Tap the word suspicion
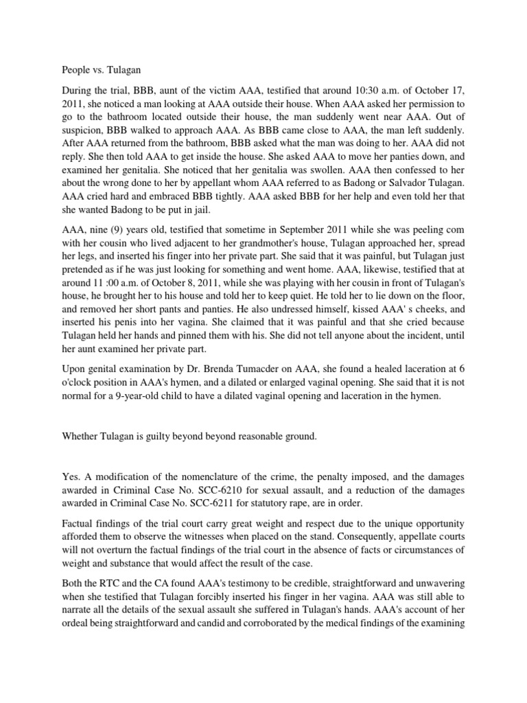coord(84,127)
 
